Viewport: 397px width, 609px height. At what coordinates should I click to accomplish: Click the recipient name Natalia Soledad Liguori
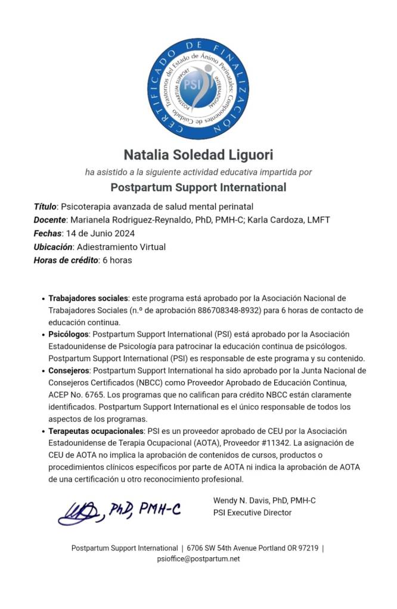pos(198,155)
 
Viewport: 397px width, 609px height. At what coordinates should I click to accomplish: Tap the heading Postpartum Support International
pos(198,188)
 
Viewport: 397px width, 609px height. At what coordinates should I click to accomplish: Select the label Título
pos(45,207)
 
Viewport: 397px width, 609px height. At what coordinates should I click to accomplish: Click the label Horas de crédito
pos(65,260)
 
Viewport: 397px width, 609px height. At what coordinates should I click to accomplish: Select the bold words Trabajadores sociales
pos(88,298)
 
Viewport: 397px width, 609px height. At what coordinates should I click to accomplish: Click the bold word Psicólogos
pos(69,334)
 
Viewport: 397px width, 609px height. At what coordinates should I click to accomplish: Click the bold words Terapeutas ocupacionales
pos(95,430)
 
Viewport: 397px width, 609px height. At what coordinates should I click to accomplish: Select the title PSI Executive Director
pos(252,513)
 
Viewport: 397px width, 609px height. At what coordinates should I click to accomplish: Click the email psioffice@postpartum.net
pos(198,559)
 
